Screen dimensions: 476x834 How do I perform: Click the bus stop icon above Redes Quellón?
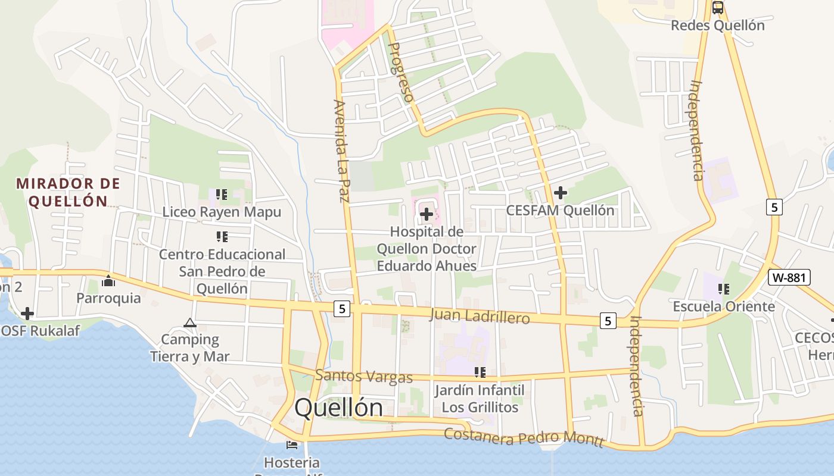click(718, 8)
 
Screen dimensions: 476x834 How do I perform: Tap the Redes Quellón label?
click(717, 26)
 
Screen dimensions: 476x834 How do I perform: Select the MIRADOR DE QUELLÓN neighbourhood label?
click(68, 192)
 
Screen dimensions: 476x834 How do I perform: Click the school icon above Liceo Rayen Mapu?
click(222, 195)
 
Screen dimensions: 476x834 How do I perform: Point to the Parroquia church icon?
click(108, 281)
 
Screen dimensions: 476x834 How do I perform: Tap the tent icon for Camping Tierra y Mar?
click(190, 323)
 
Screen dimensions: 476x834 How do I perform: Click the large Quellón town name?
click(339, 408)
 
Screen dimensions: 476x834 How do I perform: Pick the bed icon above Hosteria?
click(292, 444)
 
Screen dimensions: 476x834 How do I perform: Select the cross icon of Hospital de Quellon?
click(427, 214)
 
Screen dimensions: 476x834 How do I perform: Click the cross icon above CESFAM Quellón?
click(560, 193)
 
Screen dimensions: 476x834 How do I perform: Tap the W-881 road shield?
click(789, 277)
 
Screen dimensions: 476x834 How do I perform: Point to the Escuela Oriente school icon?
click(724, 290)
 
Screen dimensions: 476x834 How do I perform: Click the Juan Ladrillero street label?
click(479, 316)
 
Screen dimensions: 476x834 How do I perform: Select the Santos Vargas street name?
click(364, 376)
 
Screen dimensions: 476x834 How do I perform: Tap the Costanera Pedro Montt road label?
click(524, 437)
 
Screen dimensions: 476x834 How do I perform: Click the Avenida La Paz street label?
click(341, 151)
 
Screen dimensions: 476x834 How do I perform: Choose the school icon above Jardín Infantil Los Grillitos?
click(480, 372)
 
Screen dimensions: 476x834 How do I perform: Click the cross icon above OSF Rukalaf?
click(27, 314)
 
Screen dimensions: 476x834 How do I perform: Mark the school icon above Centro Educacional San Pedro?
click(222, 237)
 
